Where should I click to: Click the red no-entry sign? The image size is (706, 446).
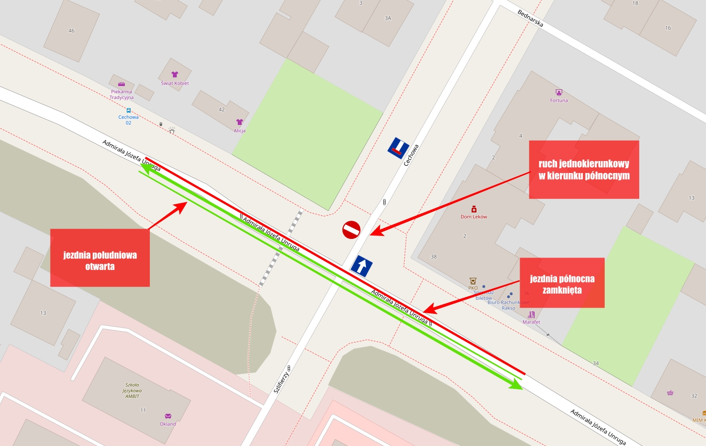pos(351,230)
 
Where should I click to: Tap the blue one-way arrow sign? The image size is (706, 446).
pos(362,266)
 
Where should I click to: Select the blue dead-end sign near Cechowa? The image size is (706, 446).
pos(399,148)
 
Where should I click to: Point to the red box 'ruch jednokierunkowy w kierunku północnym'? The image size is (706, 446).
pos(584,170)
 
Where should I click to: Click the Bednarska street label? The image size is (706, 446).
pos(530,18)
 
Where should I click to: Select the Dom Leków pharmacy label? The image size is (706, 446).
pos(474,216)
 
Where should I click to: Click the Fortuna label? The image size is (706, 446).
pos(559,100)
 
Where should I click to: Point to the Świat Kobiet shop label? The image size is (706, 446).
pos(175,83)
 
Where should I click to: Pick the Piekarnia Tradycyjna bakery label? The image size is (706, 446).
pos(122,94)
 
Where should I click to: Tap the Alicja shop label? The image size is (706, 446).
pos(240,130)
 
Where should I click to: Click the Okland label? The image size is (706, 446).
pos(168,424)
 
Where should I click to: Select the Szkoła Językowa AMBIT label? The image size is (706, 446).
pos(132,390)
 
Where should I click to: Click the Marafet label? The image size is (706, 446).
pos(531,322)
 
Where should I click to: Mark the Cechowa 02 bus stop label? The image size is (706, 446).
pos(128,120)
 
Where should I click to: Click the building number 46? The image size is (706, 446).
pos(72,31)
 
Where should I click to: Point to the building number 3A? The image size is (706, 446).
pos(388,18)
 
